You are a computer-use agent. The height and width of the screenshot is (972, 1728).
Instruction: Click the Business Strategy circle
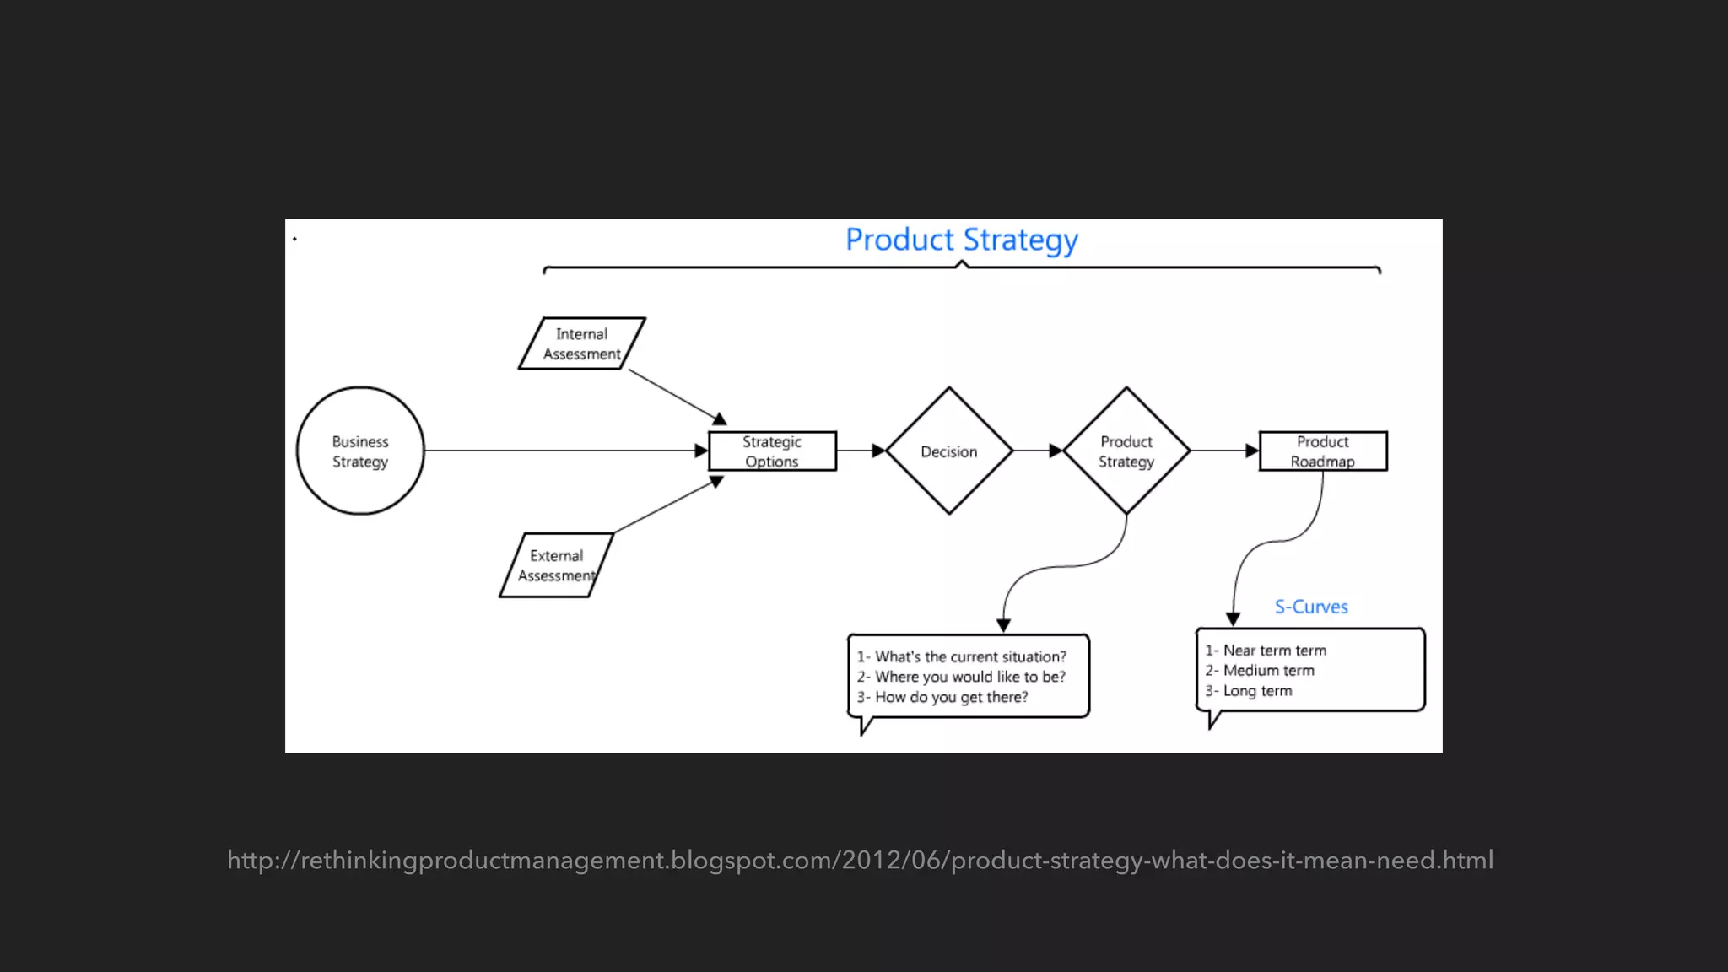(360, 451)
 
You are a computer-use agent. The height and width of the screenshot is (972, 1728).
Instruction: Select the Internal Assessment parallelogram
(582, 343)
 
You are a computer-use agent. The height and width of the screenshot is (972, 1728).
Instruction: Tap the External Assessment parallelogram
(557, 565)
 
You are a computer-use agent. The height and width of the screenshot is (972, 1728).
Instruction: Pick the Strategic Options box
(772, 451)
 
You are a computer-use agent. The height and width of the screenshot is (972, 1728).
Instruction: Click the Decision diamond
(949, 451)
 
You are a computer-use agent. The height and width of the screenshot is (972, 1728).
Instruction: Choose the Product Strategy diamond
(1126, 451)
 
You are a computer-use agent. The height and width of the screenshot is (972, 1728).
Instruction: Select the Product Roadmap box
(1323, 451)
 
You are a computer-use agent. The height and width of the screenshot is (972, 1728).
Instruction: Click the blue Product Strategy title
(962, 240)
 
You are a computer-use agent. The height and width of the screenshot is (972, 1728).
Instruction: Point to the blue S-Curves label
(1311, 607)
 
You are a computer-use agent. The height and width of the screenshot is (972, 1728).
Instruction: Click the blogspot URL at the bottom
(861, 861)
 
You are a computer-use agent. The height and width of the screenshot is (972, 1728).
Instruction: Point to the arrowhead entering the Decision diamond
(878, 451)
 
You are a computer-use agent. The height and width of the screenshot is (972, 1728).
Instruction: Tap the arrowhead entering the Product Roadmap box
(1252, 451)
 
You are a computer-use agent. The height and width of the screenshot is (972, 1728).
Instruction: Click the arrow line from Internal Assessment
(673, 395)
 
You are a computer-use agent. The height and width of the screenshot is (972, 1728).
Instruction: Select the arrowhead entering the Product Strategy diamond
(1056, 451)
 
